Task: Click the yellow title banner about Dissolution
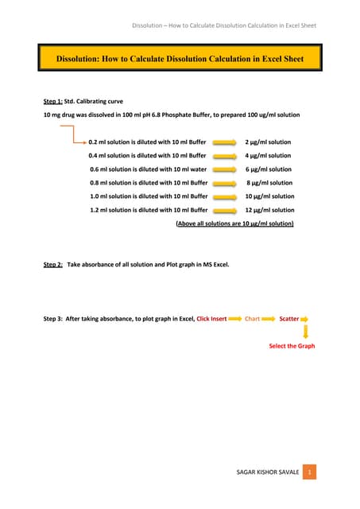coord(180,59)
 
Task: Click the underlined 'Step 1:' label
coord(52,102)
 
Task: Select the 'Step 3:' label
coord(52,319)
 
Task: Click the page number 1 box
coord(311,472)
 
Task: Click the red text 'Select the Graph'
coord(292,346)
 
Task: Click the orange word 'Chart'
coord(252,319)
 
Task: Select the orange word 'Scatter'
coord(288,319)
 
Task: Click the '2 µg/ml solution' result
coord(268,142)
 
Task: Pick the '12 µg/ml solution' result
coord(269,210)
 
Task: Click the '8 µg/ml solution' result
coord(269,183)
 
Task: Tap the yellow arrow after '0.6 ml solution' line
coord(226,169)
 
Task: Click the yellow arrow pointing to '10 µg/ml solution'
coord(226,196)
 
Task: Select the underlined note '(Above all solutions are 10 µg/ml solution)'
coord(234,224)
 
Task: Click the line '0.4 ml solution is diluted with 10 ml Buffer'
coord(148,156)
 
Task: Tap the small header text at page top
coord(224,25)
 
